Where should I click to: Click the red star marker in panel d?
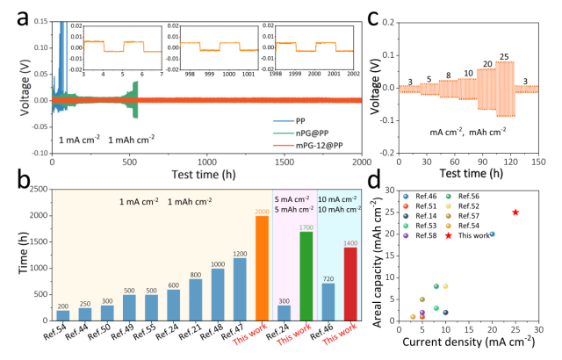tap(515, 212)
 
